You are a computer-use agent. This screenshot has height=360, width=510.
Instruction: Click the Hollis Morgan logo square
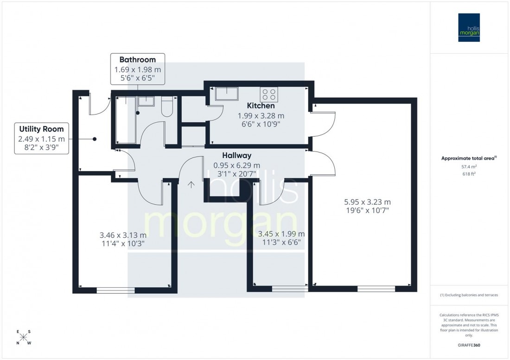click(x=469, y=27)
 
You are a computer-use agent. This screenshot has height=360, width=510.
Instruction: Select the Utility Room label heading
click(x=42, y=129)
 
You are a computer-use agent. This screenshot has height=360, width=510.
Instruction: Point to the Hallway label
click(x=236, y=156)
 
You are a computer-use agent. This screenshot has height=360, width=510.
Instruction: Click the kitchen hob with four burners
click(x=269, y=95)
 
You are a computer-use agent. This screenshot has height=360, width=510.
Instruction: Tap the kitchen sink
click(x=225, y=93)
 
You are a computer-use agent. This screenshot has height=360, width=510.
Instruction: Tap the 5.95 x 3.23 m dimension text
click(x=367, y=202)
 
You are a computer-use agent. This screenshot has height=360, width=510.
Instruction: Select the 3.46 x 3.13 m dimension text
click(x=122, y=235)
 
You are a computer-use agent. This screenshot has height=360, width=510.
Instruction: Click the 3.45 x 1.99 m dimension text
click(x=281, y=234)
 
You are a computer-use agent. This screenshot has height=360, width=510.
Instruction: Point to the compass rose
click(x=24, y=337)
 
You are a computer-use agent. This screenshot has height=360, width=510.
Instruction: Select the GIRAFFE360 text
click(x=470, y=346)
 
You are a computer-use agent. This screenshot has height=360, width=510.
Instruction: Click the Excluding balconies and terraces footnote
click(x=469, y=295)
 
